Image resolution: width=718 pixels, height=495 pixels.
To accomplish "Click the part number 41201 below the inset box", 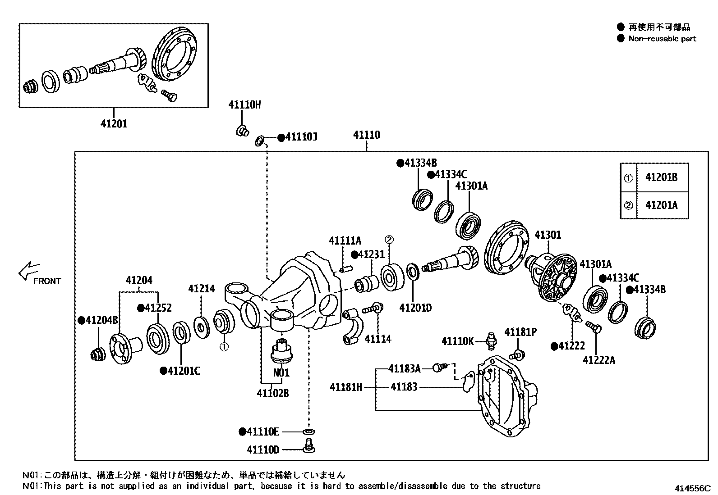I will click(x=114, y=123).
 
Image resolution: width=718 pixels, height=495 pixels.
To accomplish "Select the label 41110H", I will click(x=244, y=105).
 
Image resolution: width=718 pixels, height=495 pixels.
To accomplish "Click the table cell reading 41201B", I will click(x=661, y=177).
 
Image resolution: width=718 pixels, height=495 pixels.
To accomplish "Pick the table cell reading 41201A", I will click(x=661, y=205).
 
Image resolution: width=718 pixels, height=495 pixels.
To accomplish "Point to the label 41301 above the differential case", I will click(x=548, y=235).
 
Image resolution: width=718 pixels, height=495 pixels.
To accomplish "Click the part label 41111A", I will click(x=345, y=241).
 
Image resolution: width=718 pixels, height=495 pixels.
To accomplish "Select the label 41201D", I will click(x=415, y=308).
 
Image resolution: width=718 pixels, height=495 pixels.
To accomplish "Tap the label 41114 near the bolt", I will click(x=378, y=339).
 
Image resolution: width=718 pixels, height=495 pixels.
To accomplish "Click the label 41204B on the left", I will click(x=101, y=320).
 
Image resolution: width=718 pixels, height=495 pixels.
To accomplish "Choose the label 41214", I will click(x=202, y=289).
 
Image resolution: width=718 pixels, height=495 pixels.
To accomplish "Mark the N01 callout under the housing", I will click(x=281, y=373).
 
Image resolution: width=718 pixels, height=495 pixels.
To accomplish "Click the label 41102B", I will click(x=273, y=394).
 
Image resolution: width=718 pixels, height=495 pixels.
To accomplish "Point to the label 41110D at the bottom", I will click(x=263, y=450).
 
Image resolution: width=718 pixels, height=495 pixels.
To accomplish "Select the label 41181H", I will click(x=345, y=387).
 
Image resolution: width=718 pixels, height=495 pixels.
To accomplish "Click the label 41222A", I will click(x=599, y=360).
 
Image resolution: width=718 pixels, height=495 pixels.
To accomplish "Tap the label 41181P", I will click(x=520, y=332).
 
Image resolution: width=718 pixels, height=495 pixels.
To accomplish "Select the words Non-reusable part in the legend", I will click(x=662, y=39).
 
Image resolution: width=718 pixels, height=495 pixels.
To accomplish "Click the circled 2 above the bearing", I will click(x=389, y=239).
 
